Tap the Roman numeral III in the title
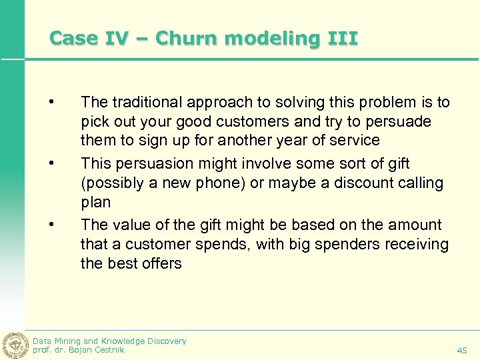pyautogui.click(x=343, y=38)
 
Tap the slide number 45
pyautogui.click(x=462, y=350)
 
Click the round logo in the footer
pyautogui.click(x=14, y=345)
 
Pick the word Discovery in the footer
pyautogui.click(x=163, y=341)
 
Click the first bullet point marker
pyautogui.click(x=50, y=103)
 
